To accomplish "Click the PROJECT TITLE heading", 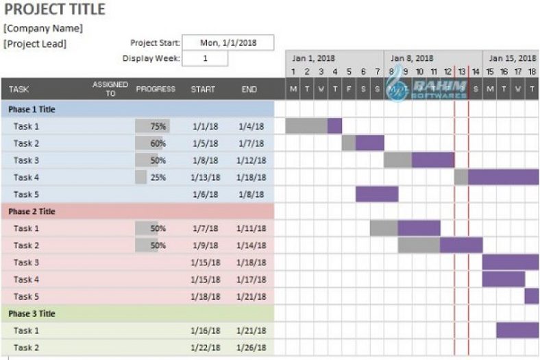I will click(55, 10).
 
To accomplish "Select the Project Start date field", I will click(228, 43).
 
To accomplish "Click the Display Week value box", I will click(205, 59).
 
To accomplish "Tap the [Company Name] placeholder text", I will click(43, 29).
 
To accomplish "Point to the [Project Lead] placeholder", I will click(35, 44).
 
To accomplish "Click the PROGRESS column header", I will click(156, 89).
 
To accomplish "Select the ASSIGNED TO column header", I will click(110, 89).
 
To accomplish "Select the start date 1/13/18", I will click(205, 178).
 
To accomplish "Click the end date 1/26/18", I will click(251, 348).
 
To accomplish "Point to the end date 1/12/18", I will click(251, 160).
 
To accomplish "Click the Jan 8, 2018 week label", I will click(412, 59).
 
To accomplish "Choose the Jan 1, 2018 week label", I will click(313, 59).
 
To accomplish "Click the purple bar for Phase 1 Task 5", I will click(377, 194).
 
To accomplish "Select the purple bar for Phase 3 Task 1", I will click(517, 331).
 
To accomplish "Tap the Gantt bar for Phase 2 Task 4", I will click(504, 279).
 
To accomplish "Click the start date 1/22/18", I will click(205, 348).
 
